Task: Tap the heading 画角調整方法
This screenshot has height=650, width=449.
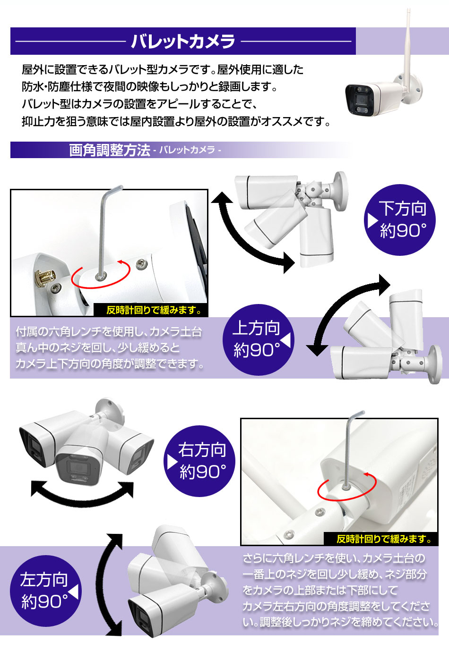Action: [x=109, y=150]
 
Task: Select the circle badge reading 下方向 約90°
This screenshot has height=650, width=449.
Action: [x=400, y=220]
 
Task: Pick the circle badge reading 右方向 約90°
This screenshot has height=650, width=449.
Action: [x=200, y=461]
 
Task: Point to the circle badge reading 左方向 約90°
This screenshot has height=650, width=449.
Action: [x=45, y=591]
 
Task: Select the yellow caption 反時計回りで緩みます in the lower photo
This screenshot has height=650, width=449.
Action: [x=381, y=539]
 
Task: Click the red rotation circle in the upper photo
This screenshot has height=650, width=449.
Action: [x=101, y=275]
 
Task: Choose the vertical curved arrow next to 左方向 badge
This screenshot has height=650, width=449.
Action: [x=107, y=585]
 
